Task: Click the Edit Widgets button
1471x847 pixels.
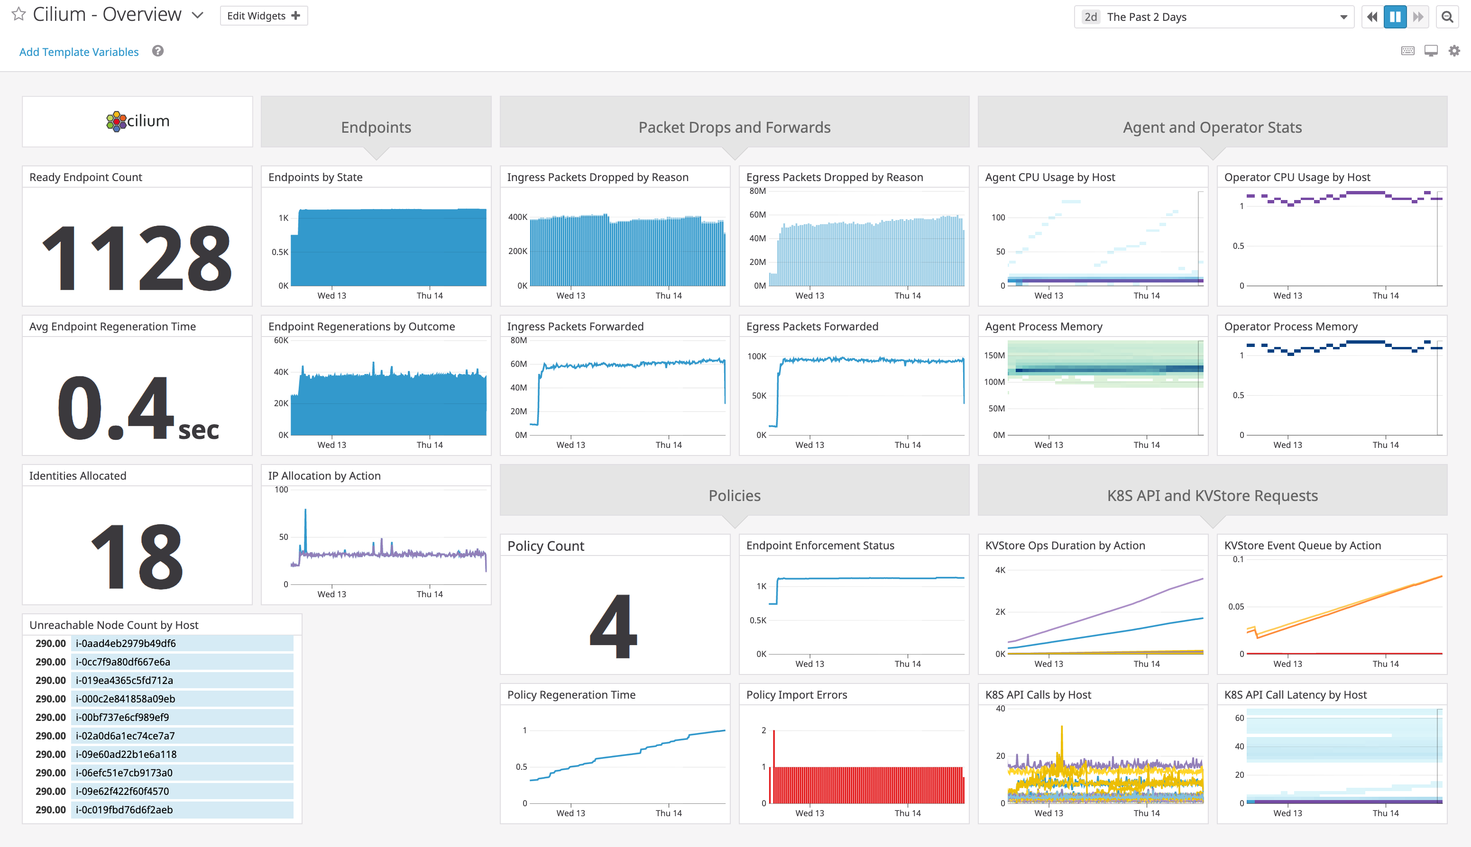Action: pos(264,16)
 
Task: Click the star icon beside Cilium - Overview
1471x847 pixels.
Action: pos(18,14)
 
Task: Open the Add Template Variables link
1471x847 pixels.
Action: pos(79,52)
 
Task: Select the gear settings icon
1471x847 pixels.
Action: pos(1453,51)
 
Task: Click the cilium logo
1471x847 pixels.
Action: pos(138,121)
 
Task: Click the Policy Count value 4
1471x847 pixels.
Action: pos(614,626)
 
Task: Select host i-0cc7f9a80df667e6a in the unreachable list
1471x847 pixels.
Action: pos(123,661)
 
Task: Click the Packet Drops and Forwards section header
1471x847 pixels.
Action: pos(735,127)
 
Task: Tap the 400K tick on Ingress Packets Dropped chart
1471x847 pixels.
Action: pos(517,217)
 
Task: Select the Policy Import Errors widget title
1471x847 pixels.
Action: pos(796,694)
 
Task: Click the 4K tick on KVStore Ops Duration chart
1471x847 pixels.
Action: pos(1000,570)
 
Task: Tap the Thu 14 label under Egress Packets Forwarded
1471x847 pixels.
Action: pos(907,445)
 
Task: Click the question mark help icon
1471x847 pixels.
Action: pos(158,51)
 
